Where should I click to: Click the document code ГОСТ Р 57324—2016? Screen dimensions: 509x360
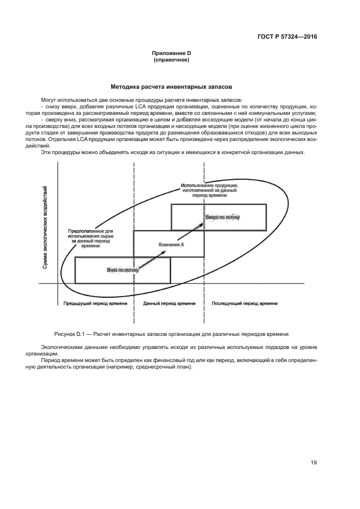[x=286, y=37]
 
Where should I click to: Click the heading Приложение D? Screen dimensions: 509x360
[x=172, y=53]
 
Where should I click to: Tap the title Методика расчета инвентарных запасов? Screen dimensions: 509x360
[x=172, y=87]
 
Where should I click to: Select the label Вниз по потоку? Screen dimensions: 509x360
[x=123, y=269]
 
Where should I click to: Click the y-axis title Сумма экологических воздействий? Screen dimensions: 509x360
[x=45, y=228]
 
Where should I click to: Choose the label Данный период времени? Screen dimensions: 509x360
[x=169, y=303]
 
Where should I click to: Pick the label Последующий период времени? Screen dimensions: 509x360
[x=245, y=303]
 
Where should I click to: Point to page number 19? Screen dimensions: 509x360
[x=313, y=463]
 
